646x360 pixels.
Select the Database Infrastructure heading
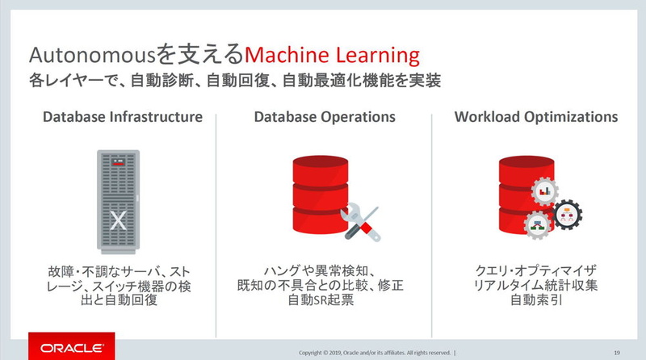coord(122,117)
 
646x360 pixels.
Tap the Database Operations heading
coord(325,117)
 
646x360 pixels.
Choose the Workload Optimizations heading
coord(535,117)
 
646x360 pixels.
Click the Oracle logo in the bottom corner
coord(65,348)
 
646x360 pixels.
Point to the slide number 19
coord(616,351)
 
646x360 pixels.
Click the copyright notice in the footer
coord(375,352)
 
